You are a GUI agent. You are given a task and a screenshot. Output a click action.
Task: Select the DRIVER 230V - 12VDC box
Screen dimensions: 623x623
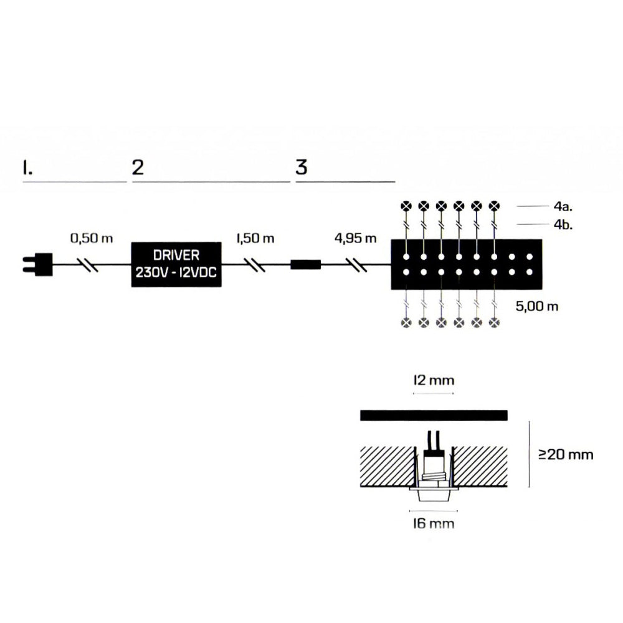[176, 265]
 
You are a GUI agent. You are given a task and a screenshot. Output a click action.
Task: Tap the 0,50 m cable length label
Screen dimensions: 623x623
[91, 239]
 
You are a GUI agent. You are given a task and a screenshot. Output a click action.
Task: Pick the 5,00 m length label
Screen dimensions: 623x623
[537, 307]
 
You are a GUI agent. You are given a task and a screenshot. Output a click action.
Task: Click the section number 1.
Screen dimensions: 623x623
[26, 168]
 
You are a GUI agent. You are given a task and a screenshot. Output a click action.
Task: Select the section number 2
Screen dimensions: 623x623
[138, 168]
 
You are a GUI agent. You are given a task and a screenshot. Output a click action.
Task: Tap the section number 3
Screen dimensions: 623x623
[302, 168]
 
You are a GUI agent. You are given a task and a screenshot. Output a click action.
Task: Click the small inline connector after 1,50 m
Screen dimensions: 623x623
[305, 265]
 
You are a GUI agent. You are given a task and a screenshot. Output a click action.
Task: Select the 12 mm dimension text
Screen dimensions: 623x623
[434, 380]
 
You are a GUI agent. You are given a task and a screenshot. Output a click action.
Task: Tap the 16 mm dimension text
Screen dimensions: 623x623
[434, 523]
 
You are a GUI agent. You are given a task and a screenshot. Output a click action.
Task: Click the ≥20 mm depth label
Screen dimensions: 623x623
[566, 454]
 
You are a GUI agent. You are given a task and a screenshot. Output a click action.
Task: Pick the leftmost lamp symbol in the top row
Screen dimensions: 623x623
[406, 205]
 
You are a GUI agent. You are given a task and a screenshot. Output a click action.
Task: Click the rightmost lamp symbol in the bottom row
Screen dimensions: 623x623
[495, 322]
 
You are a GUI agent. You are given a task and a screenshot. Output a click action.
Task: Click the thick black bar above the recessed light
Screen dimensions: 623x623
[434, 416]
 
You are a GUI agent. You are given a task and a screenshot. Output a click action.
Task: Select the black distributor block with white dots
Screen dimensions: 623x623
[467, 265]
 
